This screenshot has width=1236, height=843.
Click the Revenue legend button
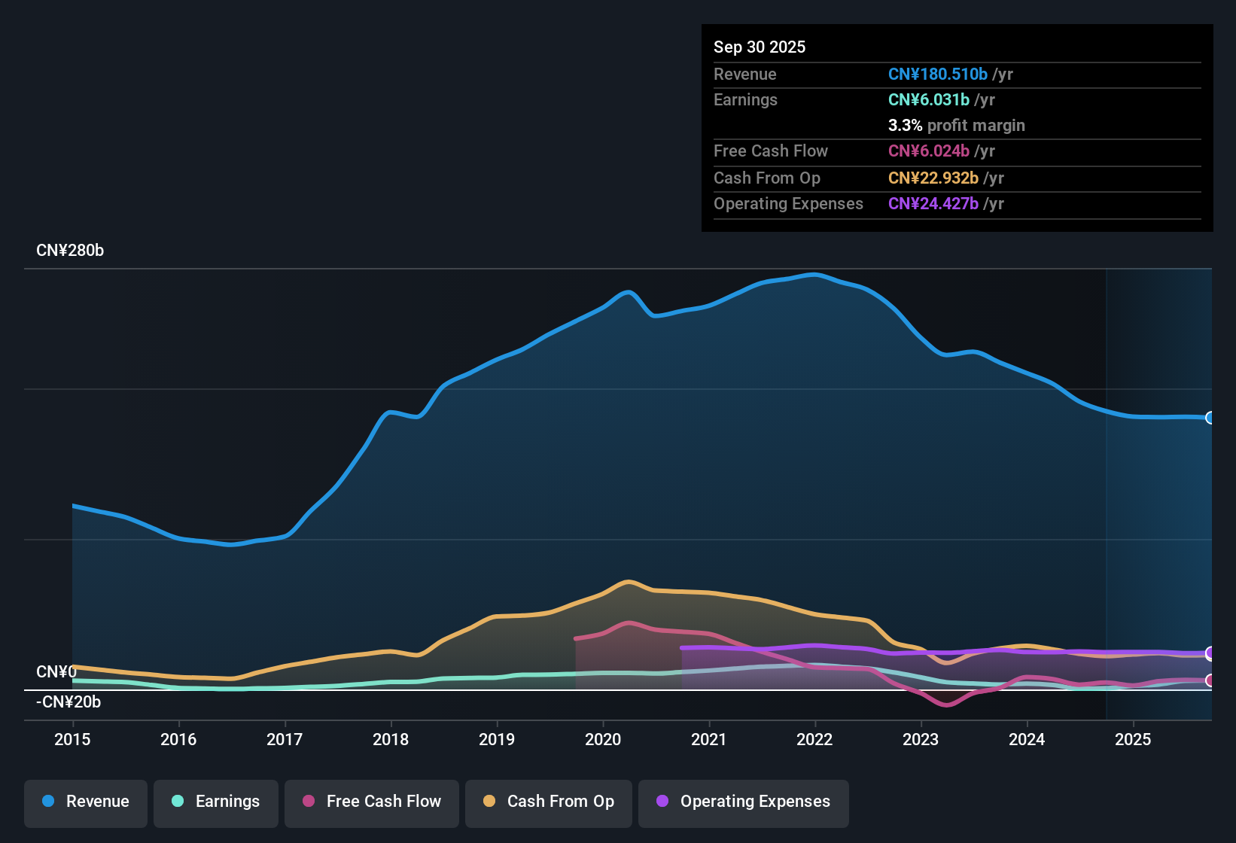[86, 802]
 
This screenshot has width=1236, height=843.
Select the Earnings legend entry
[216, 802]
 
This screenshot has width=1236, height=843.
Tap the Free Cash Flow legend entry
[372, 802]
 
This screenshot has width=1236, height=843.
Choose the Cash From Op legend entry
[549, 802]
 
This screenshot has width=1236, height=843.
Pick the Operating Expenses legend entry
[743, 802]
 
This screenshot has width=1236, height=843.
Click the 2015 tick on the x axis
[72, 739]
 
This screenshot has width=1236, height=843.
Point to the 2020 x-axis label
[603, 739]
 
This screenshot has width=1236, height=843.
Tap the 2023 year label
[921, 739]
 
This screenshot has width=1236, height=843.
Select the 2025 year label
[1133, 739]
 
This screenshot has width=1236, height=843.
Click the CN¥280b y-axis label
[70, 251]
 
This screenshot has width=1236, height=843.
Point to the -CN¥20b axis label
[68, 702]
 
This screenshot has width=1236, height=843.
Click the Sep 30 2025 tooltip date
[760, 47]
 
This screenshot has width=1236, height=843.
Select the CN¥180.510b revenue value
[937, 75]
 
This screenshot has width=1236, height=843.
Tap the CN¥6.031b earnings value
[928, 100]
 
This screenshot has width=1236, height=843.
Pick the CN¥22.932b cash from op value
[933, 178]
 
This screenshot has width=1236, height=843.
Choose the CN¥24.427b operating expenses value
[933, 204]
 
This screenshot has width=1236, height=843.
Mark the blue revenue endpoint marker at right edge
[1210, 418]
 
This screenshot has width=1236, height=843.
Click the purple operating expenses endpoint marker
[1210, 653]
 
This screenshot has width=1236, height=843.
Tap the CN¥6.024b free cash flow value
[928, 151]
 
